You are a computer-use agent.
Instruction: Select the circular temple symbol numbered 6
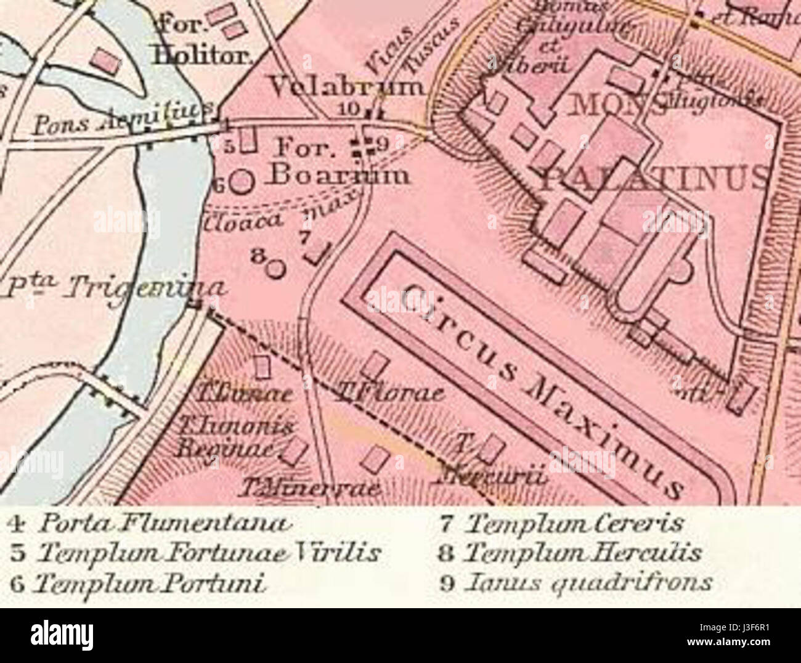click(x=243, y=181)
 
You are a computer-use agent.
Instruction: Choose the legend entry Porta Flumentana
click(x=148, y=524)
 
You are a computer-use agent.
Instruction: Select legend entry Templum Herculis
click(x=570, y=553)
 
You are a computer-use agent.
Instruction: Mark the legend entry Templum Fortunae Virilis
click(x=194, y=553)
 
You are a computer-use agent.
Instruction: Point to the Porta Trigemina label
click(x=114, y=285)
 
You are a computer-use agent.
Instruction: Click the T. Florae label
click(x=388, y=394)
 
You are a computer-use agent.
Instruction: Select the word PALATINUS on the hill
click(x=653, y=178)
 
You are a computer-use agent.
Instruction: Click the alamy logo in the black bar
click(x=62, y=635)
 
